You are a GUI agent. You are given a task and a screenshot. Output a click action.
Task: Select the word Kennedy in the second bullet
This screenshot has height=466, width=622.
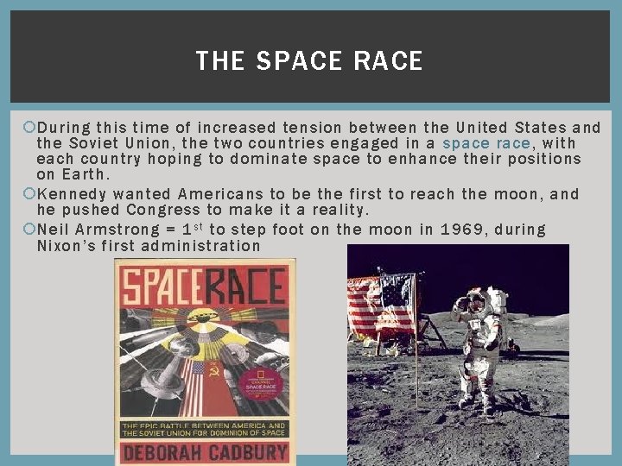pyautogui.click(x=72, y=194)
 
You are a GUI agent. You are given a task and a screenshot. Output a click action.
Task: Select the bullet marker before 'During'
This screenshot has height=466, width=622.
pyautogui.click(x=29, y=128)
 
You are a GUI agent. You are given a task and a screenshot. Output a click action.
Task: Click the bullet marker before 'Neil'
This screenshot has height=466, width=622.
pyautogui.click(x=29, y=230)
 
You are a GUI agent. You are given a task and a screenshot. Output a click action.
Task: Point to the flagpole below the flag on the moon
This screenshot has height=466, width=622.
pyautogui.click(x=416, y=371)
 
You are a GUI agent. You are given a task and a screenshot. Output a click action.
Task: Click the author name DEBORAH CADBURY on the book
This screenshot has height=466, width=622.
pyautogui.click(x=204, y=453)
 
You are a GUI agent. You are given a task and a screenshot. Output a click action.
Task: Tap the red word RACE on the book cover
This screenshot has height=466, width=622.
pyautogui.click(x=244, y=287)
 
